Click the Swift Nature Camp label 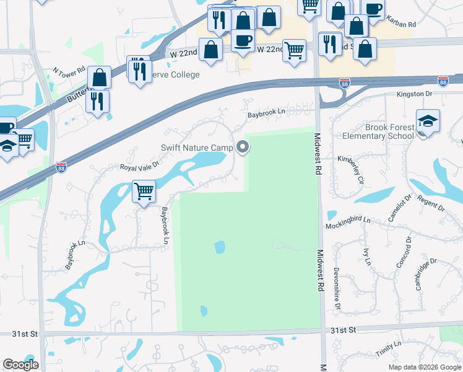click(197, 148)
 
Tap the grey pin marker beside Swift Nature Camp click(243, 147)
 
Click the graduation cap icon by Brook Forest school click(428, 121)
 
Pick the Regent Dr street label click(431, 202)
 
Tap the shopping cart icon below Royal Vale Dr click(144, 192)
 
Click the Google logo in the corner click(20, 365)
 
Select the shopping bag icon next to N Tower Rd click(99, 78)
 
